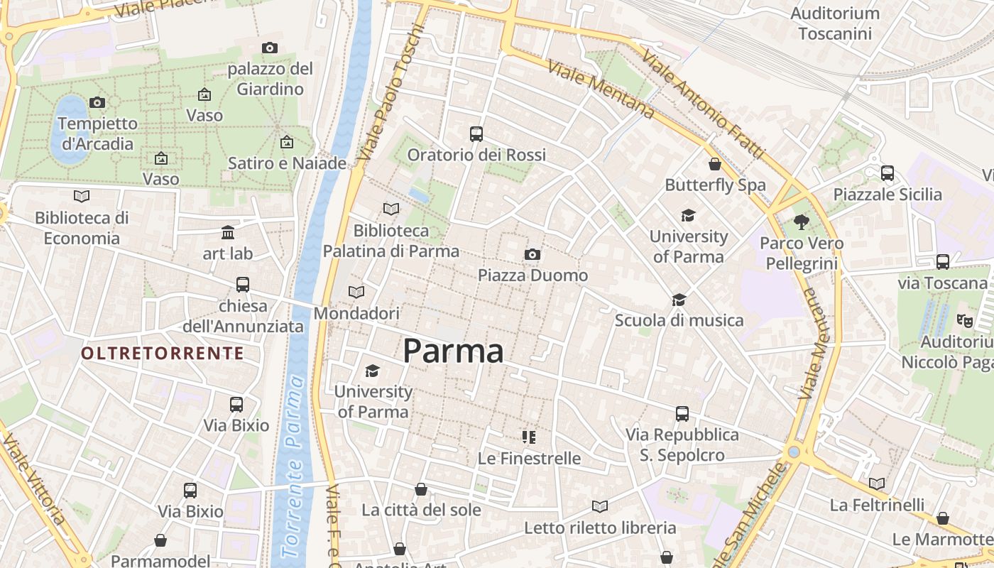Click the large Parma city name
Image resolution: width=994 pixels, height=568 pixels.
[454, 351]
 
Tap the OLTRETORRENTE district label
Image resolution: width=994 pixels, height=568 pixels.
[163, 354]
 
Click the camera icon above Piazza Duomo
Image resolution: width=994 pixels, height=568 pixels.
[532, 254]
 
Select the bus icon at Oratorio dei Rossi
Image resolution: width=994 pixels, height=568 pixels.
[476, 133]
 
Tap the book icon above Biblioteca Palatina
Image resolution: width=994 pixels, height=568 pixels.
[390, 209]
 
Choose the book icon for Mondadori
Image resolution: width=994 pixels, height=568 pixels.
[356, 292]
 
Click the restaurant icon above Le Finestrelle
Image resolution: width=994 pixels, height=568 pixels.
[528, 437]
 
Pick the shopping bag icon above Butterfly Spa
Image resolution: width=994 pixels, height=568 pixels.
[715, 164]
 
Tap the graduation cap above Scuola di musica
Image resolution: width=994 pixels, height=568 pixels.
[679, 300]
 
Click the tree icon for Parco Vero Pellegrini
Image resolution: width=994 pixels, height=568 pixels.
[802, 222]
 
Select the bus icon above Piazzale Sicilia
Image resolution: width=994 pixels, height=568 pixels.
[887, 173]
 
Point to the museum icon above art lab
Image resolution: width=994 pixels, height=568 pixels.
[228, 232]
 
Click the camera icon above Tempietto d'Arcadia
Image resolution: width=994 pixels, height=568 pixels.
[97, 102]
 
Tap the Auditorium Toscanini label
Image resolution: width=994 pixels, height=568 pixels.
[835, 23]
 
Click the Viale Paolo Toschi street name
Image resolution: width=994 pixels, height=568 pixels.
[390, 92]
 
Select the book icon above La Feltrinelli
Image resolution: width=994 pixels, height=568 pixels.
[877, 484]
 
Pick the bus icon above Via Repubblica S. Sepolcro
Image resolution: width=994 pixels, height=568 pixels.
[682, 413]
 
